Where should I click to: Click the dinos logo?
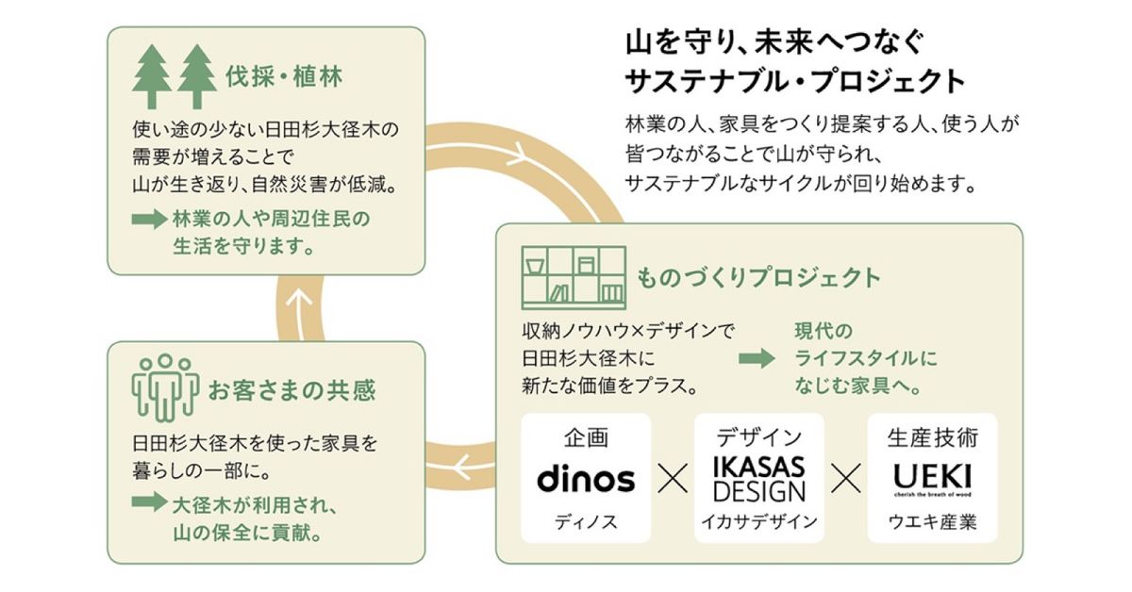pyautogui.click(x=586, y=479)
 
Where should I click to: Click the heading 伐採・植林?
pyautogui.click(x=283, y=77)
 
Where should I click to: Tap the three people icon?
pyautogui.click(x=165, y=386)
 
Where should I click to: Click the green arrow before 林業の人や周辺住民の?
pyautogui.click(x=148, y=220)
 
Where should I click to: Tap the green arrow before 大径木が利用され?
pyautogui.click(x=148, y=502)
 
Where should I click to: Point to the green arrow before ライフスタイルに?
pyautogui.click(x=755, y=358)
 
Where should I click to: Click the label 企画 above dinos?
pyautogui.click(x=586, y=437)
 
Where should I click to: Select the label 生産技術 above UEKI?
pyautogui.click(x=932, y=437)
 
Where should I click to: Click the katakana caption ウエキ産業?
pyautogui.click(x=932, y=521)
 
